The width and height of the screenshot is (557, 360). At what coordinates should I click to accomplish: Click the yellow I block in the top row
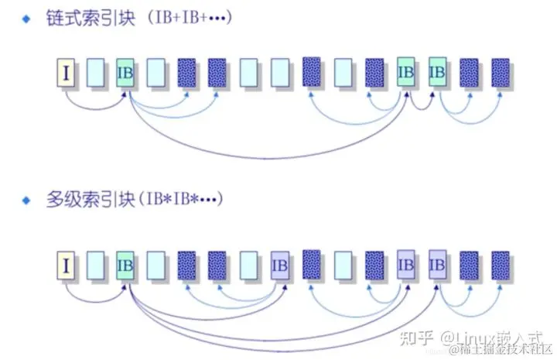click(67, 74)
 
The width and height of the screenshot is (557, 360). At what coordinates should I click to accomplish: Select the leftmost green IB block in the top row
click(125, 74)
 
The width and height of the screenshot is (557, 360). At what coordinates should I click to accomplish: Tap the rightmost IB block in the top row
click(438, 72)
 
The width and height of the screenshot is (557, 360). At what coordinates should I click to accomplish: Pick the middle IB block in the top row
click(406, 72)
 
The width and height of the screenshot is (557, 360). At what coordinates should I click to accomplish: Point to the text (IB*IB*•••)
click(181, 199)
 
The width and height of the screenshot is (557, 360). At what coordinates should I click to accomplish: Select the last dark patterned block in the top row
click(501, 72)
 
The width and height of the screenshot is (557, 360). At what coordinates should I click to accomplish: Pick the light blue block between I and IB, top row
click(95, 74)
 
